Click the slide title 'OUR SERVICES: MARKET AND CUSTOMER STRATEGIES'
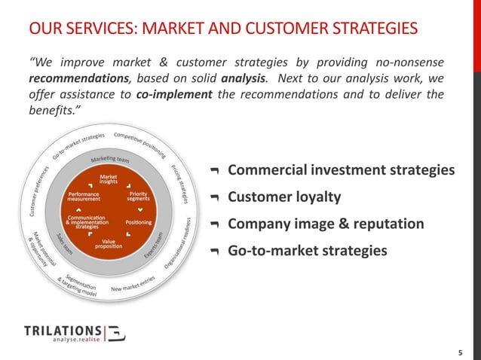(223, 29)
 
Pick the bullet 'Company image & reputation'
(326, 224)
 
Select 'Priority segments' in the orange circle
(139, 195)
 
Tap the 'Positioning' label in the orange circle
(139, 222)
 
